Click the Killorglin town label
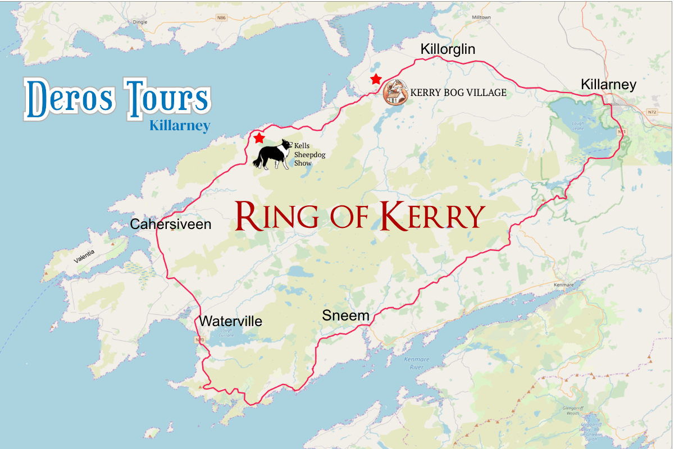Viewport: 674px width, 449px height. (448, 49)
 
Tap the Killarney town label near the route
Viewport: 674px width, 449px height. (608, 85)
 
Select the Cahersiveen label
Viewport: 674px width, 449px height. (171, 224)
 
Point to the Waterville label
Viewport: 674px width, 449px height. (230, 322)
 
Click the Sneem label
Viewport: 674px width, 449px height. (345, 316)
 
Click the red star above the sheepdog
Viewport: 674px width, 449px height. (259, 138)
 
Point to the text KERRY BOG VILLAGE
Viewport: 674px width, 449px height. (458, 93)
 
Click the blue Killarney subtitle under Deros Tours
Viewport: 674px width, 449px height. (180, 126)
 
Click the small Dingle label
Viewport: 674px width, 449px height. (139, 38)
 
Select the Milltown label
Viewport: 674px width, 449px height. (481, 17)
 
